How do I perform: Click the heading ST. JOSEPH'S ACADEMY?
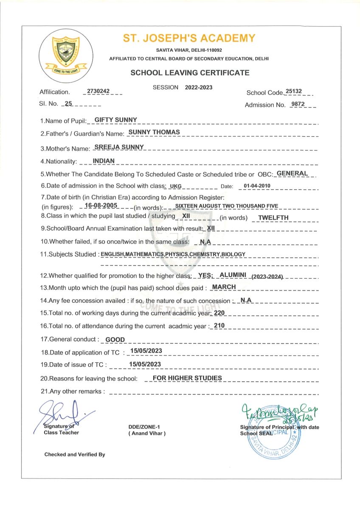click(x=189, y=39)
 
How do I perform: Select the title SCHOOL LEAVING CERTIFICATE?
click(x=190, y=73)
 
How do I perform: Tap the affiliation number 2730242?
click(x=98, y=91)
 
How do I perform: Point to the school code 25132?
click(x=294, y=91)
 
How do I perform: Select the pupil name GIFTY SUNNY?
click(x=115, y=120)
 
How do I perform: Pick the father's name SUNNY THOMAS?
click(x=154, y=132)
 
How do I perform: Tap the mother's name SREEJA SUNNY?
click(x=120, y=147)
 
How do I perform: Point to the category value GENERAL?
click(x=292, y=173)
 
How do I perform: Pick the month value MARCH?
click(x=224, y=287)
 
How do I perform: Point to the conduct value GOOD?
click(x=115, y=340)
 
